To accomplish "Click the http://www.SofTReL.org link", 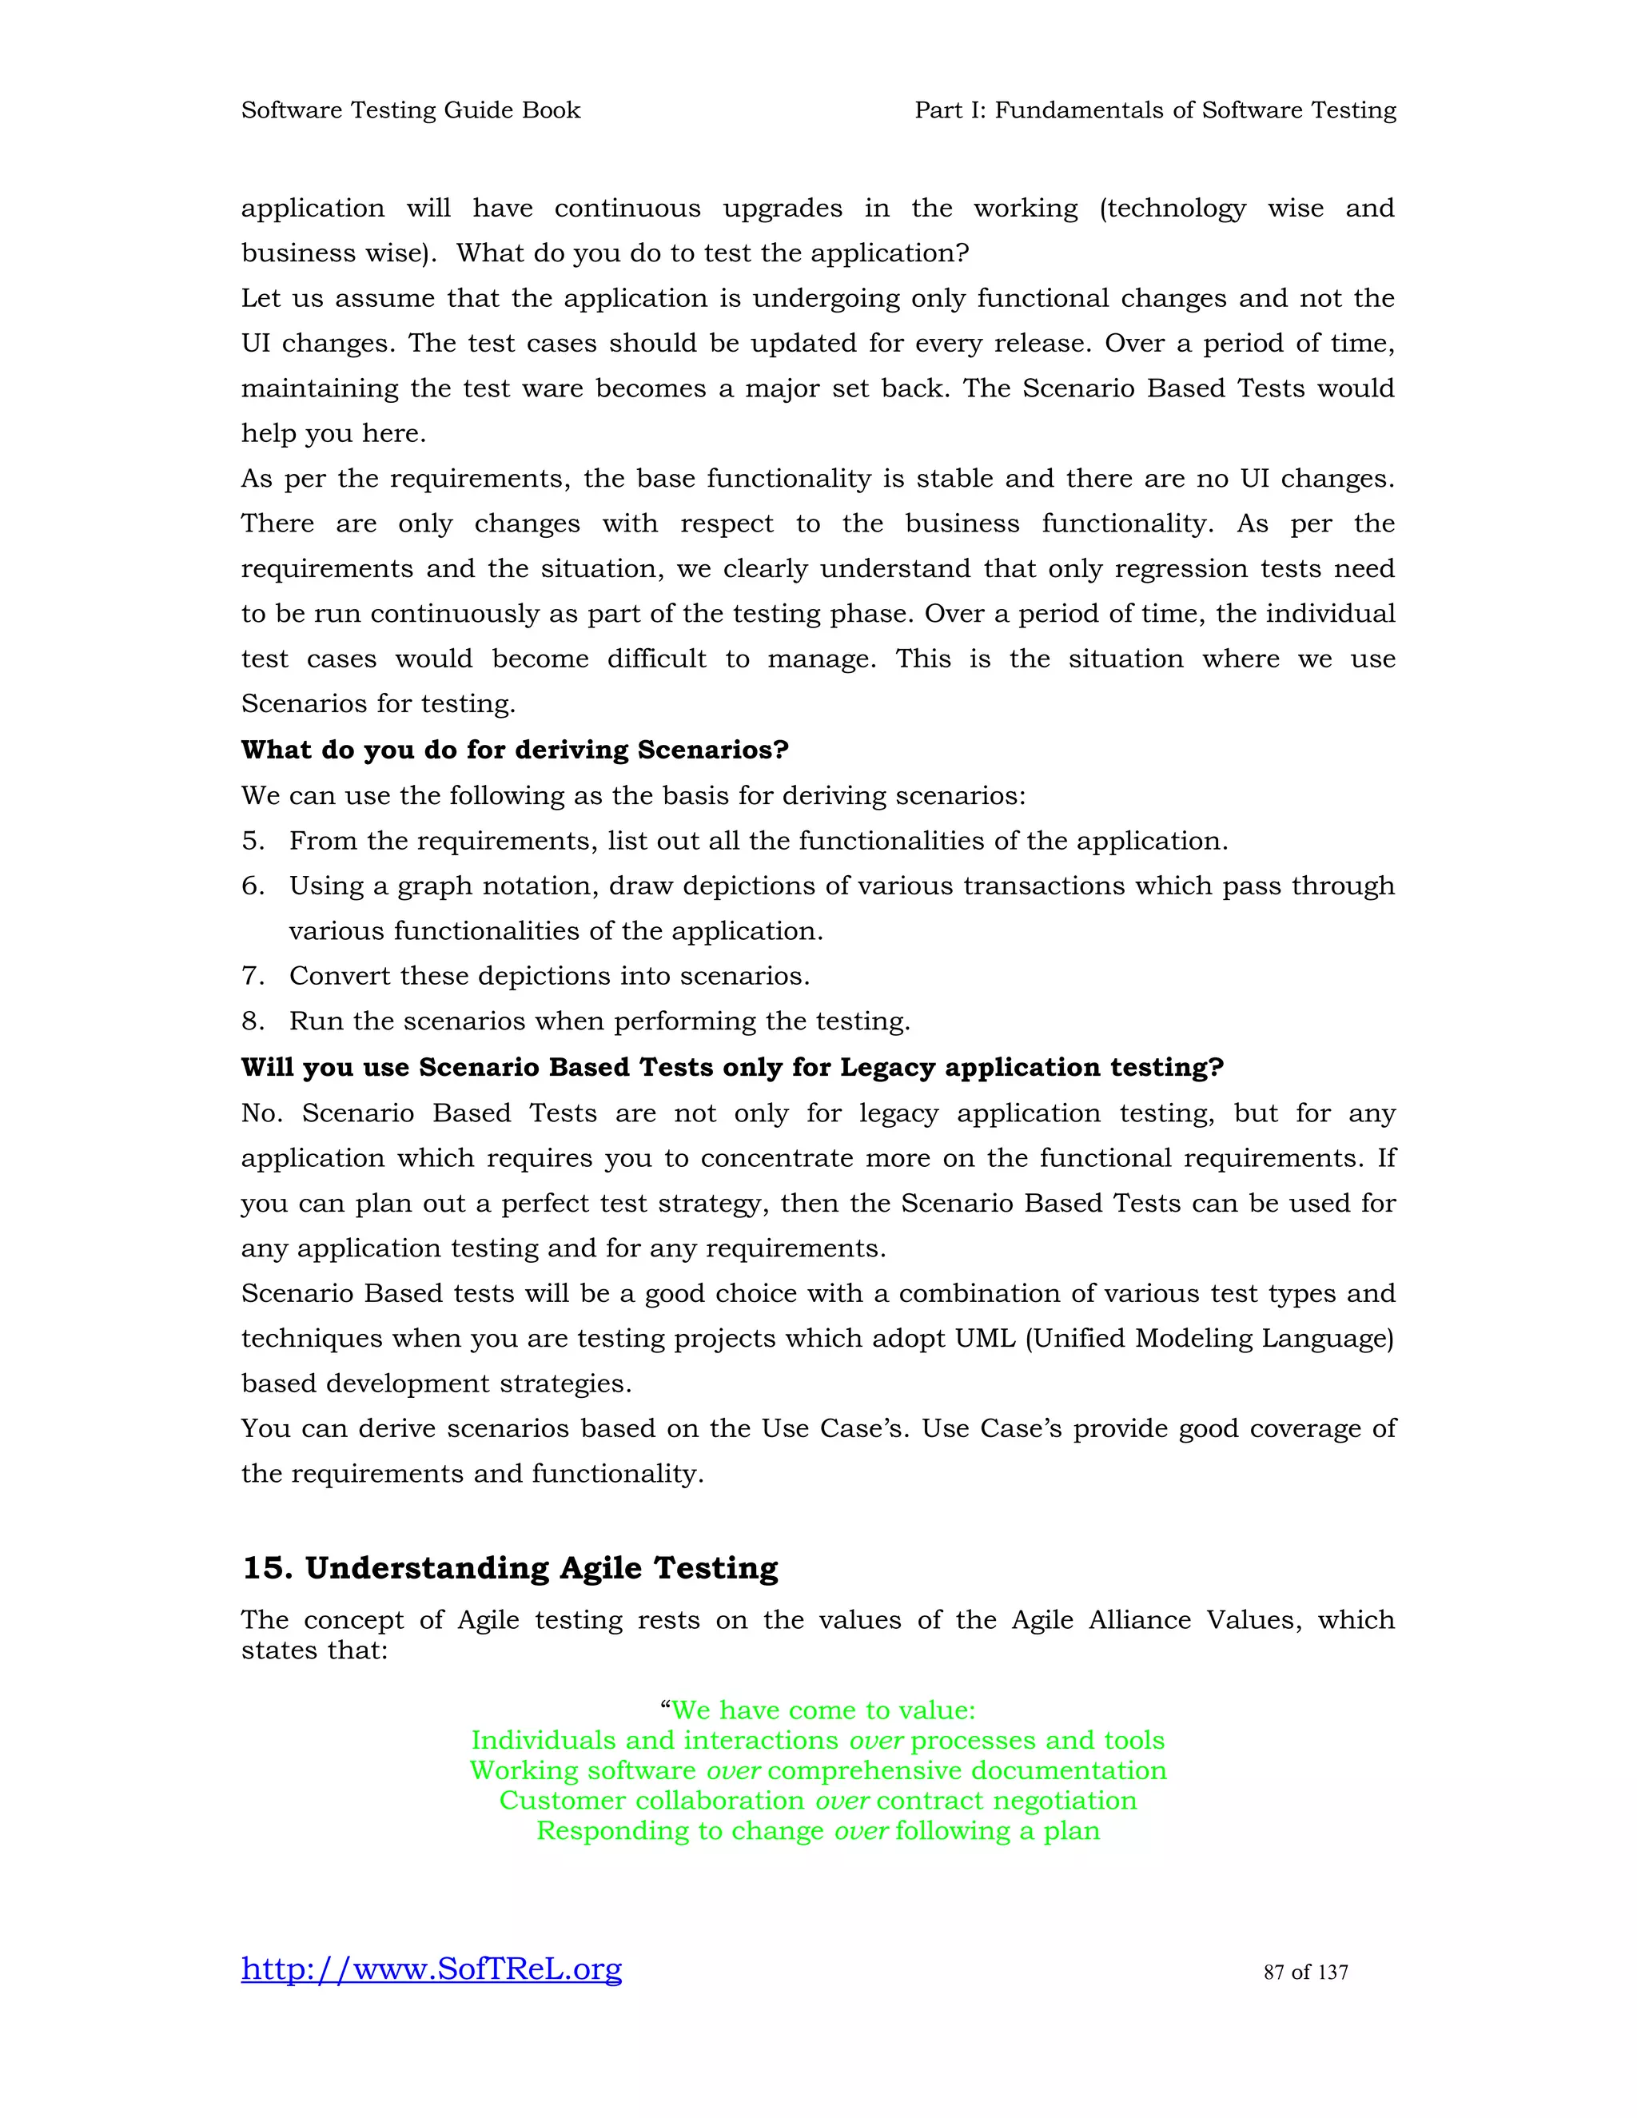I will [x=432, y=1969].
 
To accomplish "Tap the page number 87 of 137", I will [x=1305, y=1972].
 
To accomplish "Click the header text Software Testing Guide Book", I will [x=410, y=110].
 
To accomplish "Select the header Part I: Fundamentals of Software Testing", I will [x=1155, y=110].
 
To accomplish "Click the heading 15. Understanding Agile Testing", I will [x=510, y=1568].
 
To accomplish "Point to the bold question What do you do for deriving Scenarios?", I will [x=515, y=750].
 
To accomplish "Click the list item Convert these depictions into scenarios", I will [x=549, y=976].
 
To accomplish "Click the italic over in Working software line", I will [x=733, y=1771].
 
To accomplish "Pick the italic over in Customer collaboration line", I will [x=842, y=1801].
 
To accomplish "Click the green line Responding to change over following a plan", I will [x=818, y=1831].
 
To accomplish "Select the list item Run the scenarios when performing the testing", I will [x=599, y=1021].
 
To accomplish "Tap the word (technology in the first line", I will [x=1173, y=209].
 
